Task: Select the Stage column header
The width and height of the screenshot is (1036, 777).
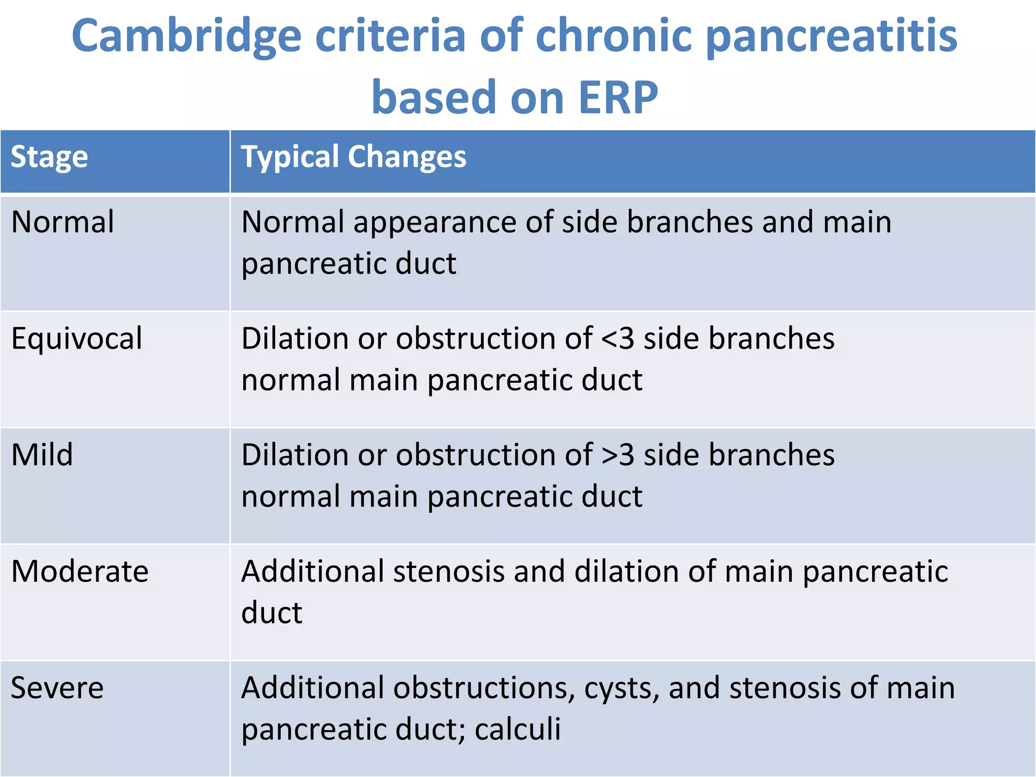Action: pos(49,157)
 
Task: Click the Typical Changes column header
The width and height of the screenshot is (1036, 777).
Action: pos(353,157)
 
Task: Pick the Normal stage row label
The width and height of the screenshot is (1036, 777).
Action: pos(63,222)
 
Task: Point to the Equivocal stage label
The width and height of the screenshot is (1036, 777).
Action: pos(76,338)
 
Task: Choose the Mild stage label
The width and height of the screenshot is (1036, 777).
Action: pos(42,455)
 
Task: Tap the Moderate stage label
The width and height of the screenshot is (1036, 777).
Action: pos(79,572)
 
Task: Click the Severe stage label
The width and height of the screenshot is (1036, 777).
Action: pos(57,688)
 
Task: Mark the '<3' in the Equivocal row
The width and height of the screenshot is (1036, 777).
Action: pos(618,338)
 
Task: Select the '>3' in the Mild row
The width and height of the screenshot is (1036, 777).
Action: pos(618,455)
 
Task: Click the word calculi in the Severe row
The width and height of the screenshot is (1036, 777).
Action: pos(517,729)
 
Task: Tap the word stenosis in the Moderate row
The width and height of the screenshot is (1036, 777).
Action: pos(449,572)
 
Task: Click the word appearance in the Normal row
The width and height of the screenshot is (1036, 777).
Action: pos(434,223)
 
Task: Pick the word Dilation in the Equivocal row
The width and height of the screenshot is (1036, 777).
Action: pos(295,338)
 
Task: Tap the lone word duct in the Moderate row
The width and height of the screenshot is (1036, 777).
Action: pos(272,613)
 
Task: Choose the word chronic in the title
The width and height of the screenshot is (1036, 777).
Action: pos(613,36)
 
